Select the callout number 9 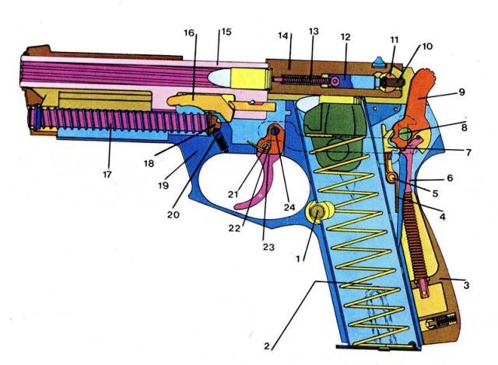pyautogui.click(x=461, y=92)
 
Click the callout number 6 pyautogui.click(x=449, y=178)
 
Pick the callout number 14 pyautogui.click(x=283, y=36)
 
